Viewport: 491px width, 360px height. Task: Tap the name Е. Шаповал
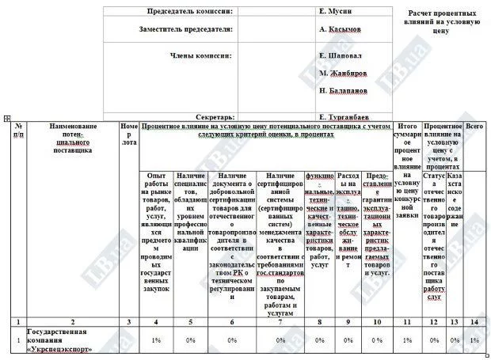(341, 56)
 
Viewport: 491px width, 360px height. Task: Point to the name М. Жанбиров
(343, 73)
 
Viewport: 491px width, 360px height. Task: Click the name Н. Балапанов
(344, 91)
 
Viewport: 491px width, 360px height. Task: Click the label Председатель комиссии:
(191, 12)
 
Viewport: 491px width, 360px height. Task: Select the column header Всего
(474, 127)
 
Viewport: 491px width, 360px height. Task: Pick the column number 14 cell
(474, 321)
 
